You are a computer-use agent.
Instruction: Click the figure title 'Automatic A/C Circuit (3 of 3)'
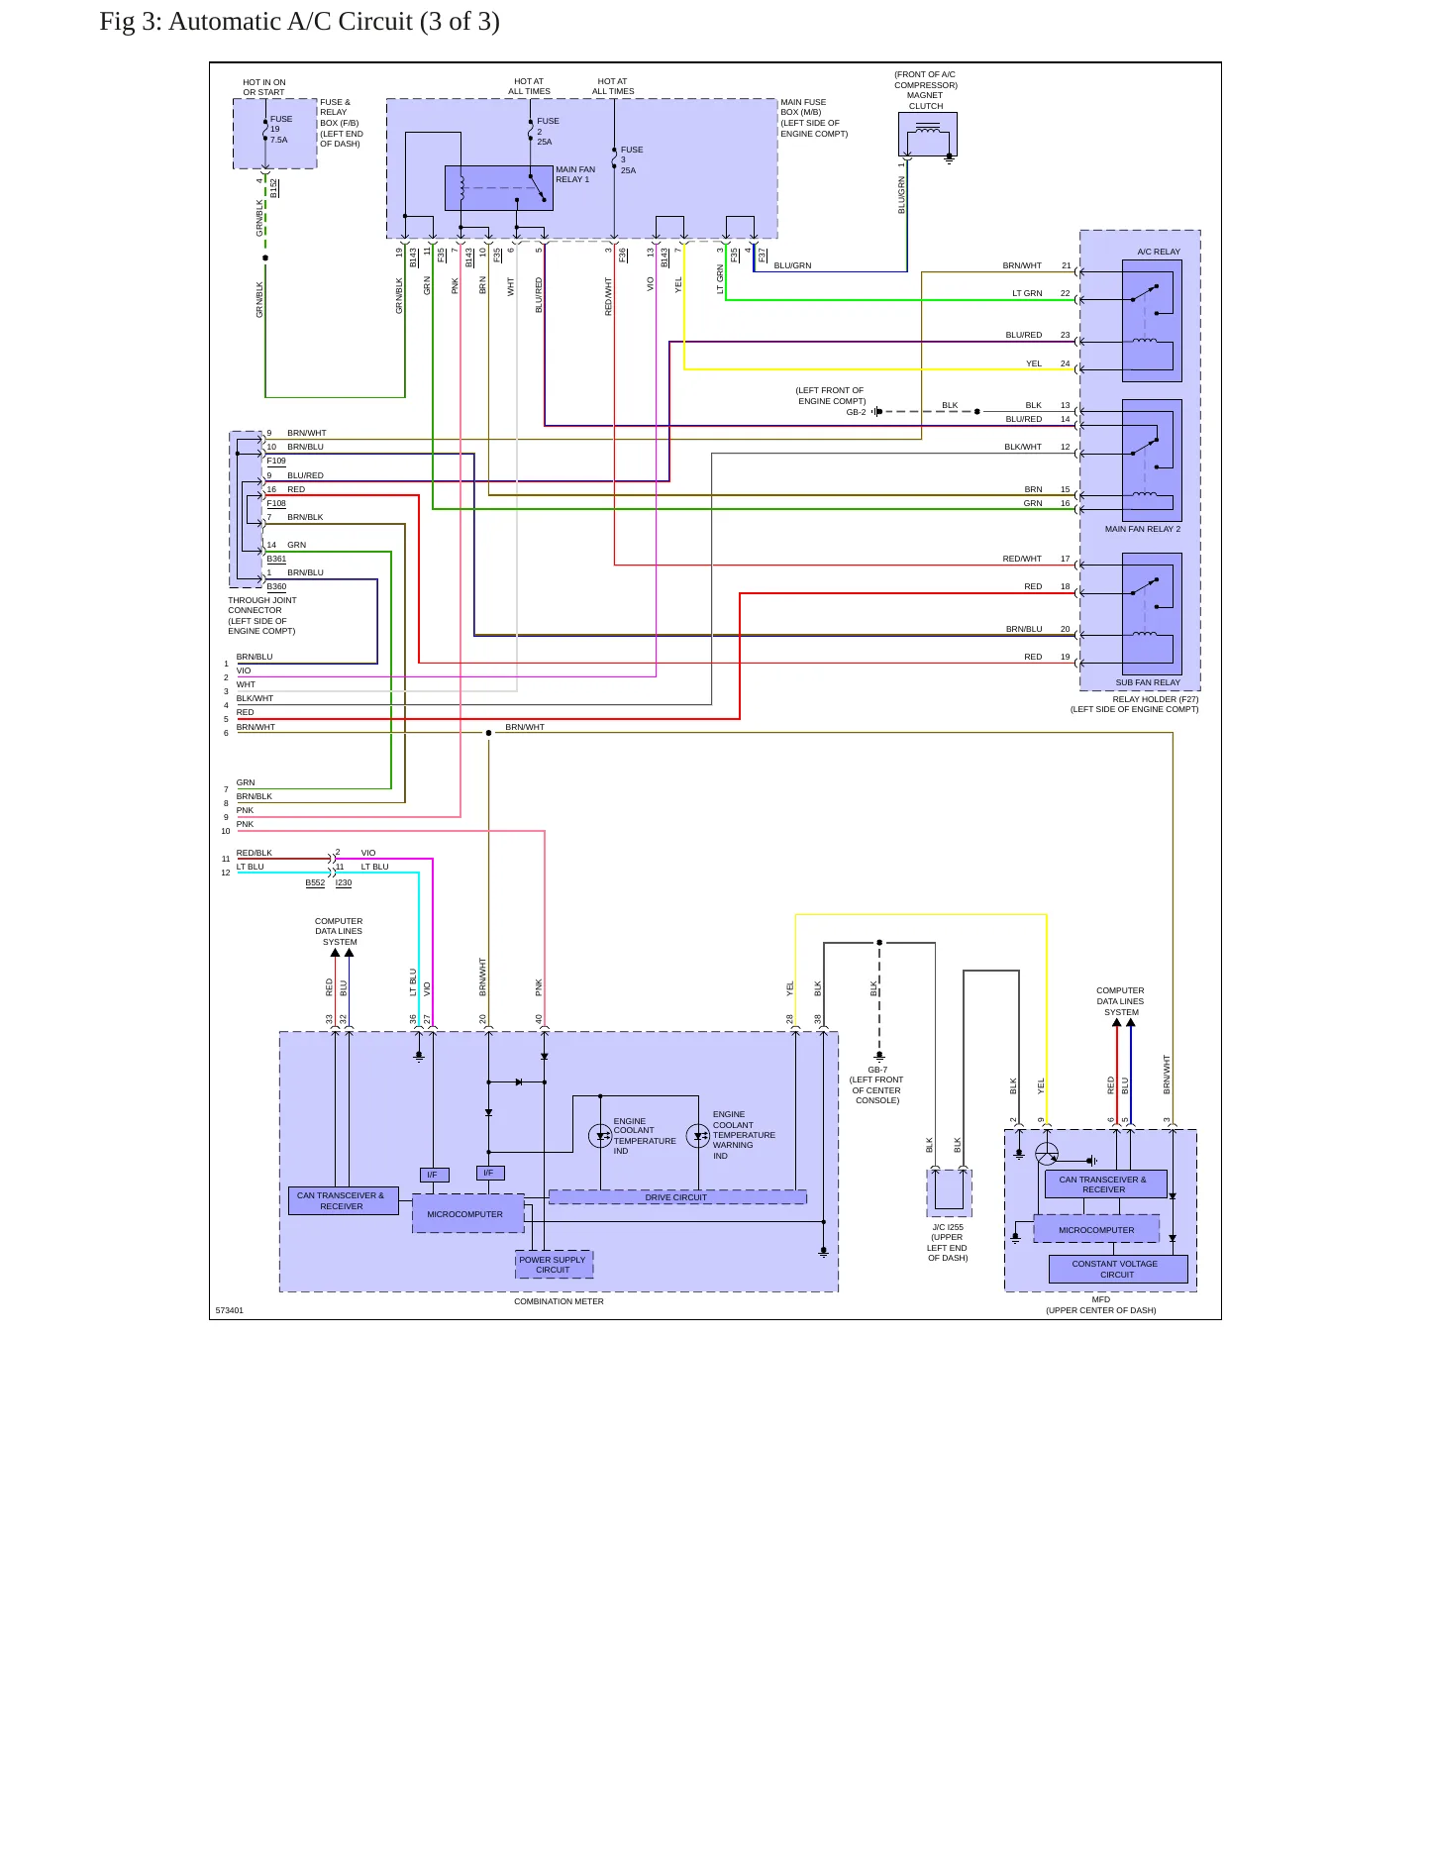[x=334, y=22]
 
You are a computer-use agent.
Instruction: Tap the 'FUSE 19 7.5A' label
[x=281, y=130]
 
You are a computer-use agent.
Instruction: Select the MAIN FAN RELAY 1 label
[x=575, y=174]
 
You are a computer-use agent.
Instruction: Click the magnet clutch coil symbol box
[x=928, y=135]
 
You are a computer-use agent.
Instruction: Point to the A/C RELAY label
[x=1159, y=252]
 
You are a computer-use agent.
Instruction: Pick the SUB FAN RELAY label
[x=1148, y=682]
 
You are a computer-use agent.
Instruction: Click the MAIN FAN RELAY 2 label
[x=1143, y=529]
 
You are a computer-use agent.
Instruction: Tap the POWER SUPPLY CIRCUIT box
[x=554, y=1265]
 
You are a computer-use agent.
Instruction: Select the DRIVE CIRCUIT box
[x=677, y=1197]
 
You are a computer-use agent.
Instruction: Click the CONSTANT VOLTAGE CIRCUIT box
[x=1118, y=1269]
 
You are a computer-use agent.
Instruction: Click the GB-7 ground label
[x=877, y=1070]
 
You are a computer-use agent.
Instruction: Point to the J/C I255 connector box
[x=949, y=1192]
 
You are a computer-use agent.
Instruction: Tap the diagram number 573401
[x=230, y=1310]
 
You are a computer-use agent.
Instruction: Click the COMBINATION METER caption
[x=559, y=1301]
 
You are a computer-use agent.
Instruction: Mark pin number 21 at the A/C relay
[x=1066, y=265]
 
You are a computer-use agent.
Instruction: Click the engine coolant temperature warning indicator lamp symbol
[x=698, y=1135]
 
